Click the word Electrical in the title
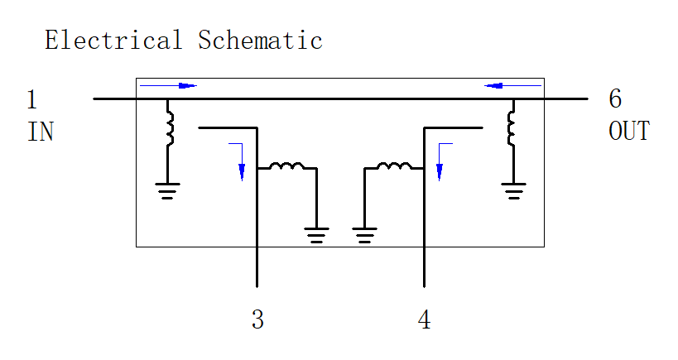click(113, 40)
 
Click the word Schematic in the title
click(260, 40)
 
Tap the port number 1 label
click(31, 99)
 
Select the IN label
click(41, 132)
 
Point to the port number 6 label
click(615, 98)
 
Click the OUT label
click(629, 131)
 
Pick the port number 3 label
click(257, 319)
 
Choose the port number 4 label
click(424, 319)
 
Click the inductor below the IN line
click(170, 128)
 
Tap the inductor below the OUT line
click(512, 128)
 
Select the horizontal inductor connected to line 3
click(287, 166)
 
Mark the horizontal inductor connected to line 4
click(394, 166)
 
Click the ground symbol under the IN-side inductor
click(167, 190)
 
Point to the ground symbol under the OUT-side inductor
click(514, 190)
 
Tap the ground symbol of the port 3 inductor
click(316, 235)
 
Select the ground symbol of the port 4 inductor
click(364, 235)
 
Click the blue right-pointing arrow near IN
click(168, 85)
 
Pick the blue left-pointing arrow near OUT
click(512, 85)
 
